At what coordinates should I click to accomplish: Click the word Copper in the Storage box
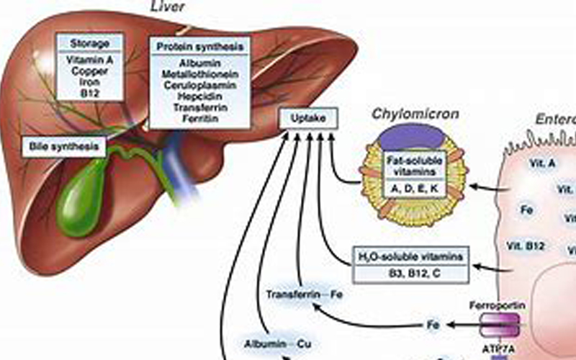pyautogui.click(x=90, y=72)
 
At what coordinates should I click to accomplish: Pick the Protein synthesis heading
pyautogui.click(x=201, y=48)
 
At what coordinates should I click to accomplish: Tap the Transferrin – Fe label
pyautogui.click(x=295, y=295)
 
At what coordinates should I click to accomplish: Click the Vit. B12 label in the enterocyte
pyautogui.click(x=524, y=245)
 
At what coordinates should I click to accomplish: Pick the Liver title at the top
pyautogui.click(x=168, y=6)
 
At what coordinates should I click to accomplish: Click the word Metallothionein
pyautogui.click(x=201, y=73)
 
